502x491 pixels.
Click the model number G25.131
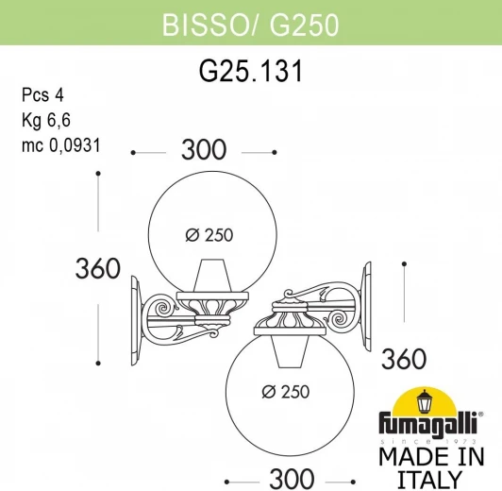click(x=250, y=74)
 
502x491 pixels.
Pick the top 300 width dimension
click(x=203, y=151)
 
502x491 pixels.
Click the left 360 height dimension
click(x=98, y=268)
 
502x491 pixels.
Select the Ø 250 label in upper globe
click(x=206, y=235)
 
